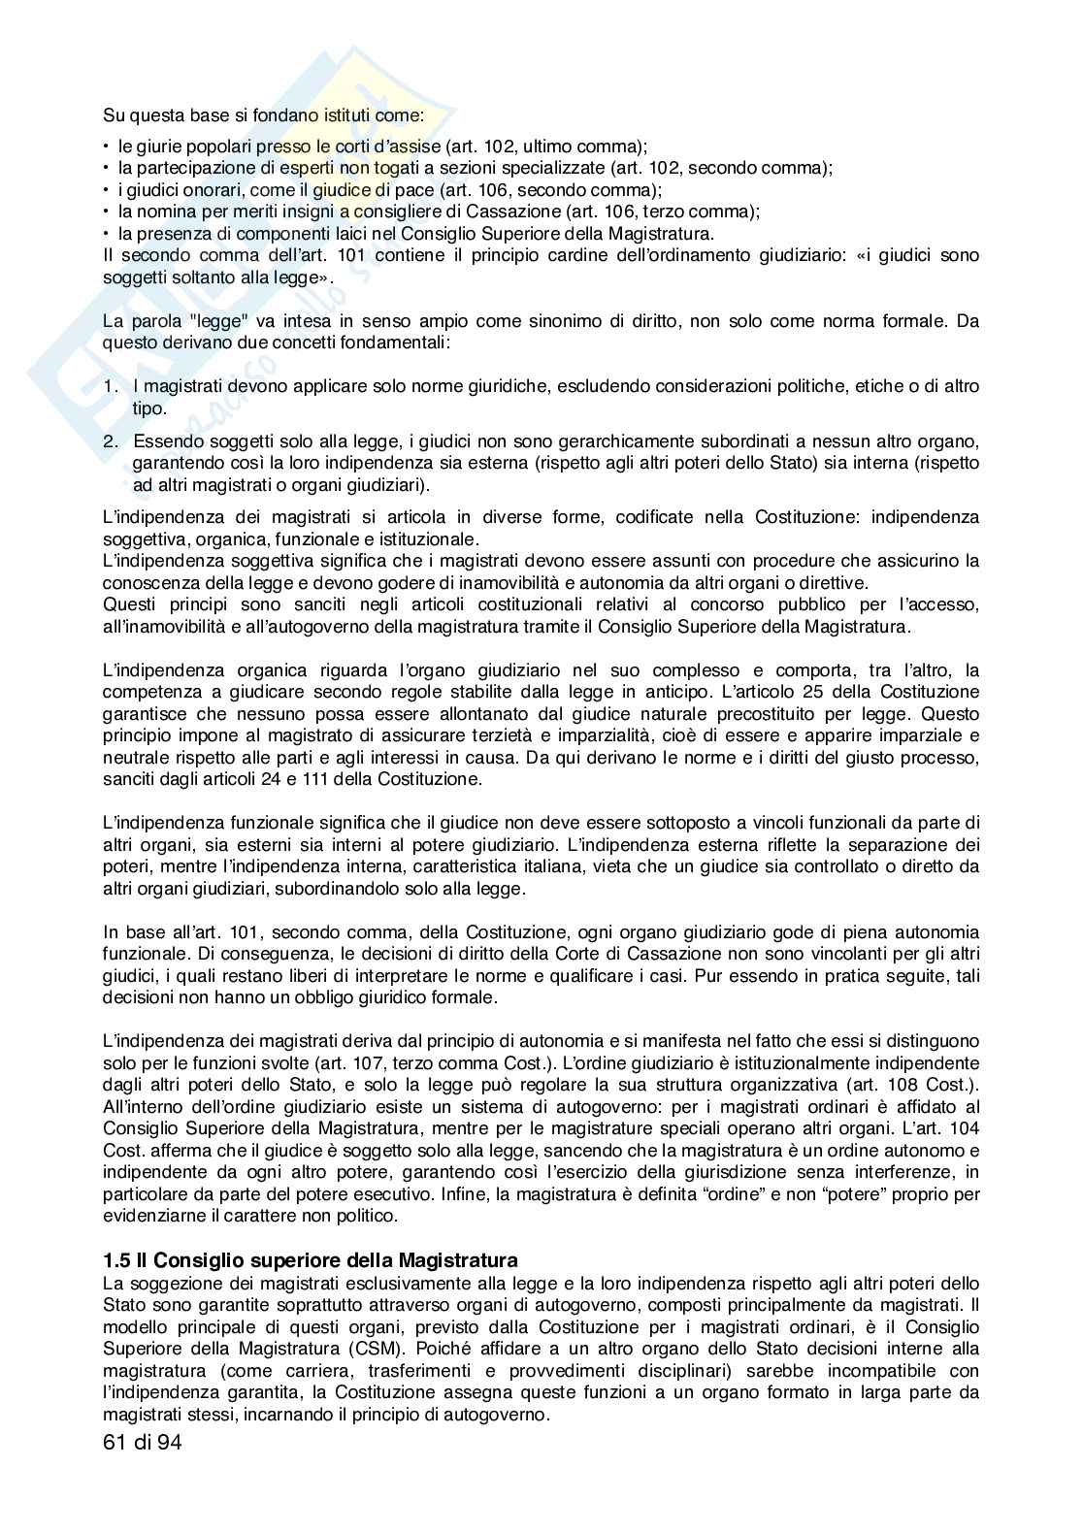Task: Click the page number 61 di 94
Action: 142,1442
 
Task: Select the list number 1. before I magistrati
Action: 113,386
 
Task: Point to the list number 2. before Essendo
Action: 113,441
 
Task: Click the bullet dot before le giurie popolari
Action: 107,147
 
